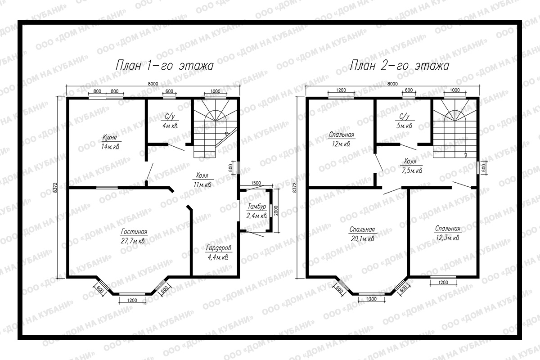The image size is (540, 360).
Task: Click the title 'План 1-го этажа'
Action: tap(165, 65)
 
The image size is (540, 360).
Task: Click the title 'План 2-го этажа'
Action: tap(400, 65)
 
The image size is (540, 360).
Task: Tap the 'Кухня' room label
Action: tap(110, 137)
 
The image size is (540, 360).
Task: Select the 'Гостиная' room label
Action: tap(134, 232)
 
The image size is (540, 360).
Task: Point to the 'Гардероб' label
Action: tap(219, 248)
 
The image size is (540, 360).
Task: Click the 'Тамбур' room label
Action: tap(257, 207)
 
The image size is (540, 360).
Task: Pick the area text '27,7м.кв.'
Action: tap(133, 241)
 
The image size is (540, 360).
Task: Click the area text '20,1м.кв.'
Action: tap(363, 238)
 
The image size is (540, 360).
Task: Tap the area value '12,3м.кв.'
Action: tap(448, 238)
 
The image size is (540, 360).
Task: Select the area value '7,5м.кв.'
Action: tap(412, 171)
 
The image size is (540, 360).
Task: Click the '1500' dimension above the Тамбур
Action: tap(256, 183)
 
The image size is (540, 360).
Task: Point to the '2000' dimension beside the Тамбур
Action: tap(276, 211)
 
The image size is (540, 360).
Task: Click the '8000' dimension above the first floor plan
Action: tap(153, 84)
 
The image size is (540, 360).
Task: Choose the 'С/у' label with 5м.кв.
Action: tap(404, 117)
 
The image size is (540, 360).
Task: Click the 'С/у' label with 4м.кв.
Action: tap(170, 117)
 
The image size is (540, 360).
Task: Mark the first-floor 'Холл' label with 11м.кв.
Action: tap(202, 175)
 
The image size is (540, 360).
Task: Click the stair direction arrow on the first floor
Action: tap(226, 134)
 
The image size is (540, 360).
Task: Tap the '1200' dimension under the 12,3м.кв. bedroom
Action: tap(443, 282)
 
